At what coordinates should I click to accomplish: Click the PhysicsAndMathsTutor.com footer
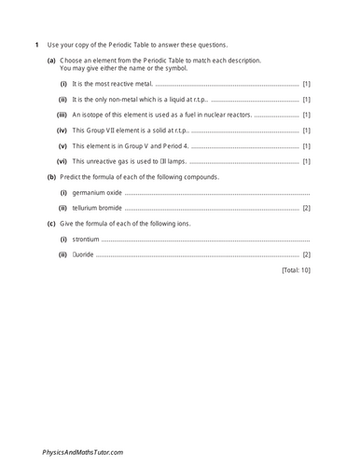(x=83, y=452)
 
